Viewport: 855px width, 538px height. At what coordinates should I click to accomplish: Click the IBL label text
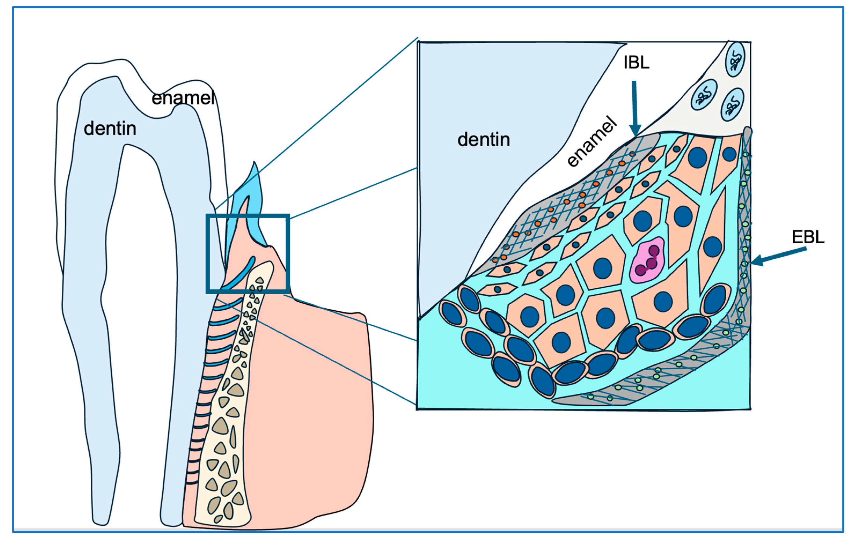[x=636, y=62]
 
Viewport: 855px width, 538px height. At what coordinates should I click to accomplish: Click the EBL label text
[x=808, y=237]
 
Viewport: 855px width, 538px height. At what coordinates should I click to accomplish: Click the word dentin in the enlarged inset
[x=484, y=139]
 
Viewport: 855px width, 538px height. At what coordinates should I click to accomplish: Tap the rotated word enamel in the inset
[x=592, y=142]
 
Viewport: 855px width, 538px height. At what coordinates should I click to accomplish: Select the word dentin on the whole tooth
[x=110, y=128]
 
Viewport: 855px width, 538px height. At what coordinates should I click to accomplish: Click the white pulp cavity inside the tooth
[x=142, y=284]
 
